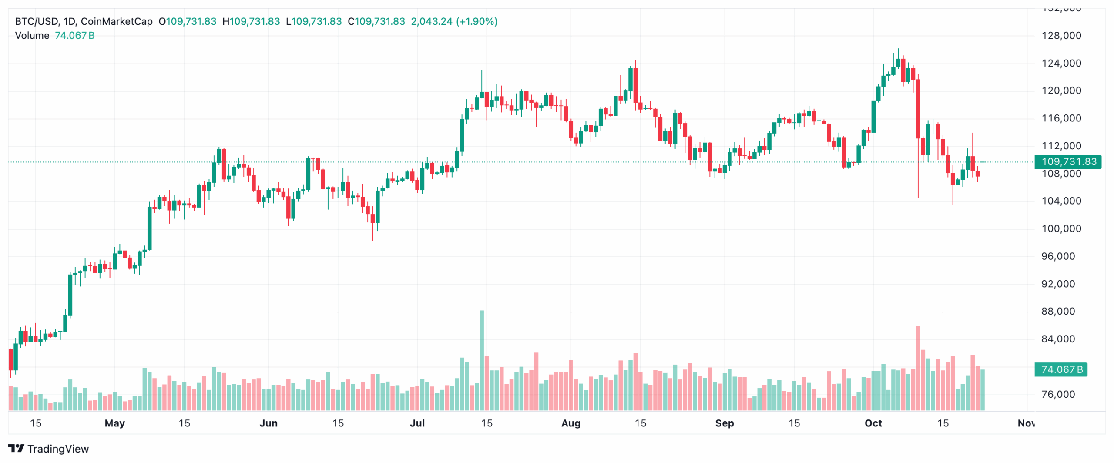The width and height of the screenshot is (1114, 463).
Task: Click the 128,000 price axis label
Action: point(1061,36)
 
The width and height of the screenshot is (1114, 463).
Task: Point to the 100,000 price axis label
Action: point(1061,228)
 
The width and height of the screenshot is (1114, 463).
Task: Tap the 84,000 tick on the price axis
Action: point(1061,339)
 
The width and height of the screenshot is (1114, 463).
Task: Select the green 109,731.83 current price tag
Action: point(1068,162)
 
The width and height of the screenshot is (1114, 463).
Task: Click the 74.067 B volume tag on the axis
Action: point(1061,369)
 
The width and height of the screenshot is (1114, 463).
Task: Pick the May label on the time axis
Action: point(115,423)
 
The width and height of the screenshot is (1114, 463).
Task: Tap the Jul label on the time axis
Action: point(417,423)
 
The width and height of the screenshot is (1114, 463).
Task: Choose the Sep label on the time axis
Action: point(724,423)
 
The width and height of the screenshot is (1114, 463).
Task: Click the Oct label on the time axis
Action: point(873,423)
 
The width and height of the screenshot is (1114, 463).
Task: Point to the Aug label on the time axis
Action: point(570,423)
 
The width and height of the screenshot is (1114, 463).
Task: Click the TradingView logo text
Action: point(57,449)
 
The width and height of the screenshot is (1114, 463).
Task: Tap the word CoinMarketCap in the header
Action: point(117,21)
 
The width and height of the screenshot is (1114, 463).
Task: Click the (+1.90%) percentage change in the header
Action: point(476,21)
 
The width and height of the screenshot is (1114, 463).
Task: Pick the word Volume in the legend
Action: point(32,36)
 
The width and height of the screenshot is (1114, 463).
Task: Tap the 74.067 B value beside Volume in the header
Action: point(74,36)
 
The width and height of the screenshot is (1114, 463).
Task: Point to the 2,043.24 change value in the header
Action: point(431,21)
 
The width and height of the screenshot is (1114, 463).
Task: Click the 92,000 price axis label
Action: point(1061,284)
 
